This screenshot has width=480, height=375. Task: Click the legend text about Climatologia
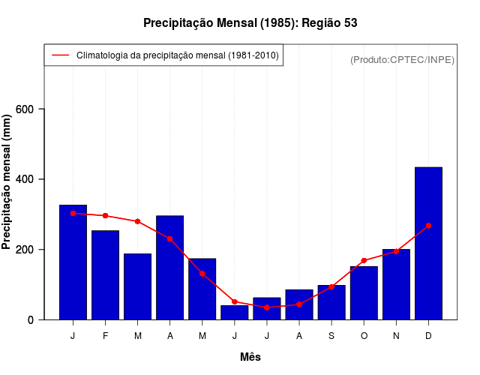coord(178,55)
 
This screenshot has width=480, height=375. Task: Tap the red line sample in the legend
coord(60,55)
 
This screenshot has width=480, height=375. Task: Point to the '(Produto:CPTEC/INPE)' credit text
coord(403,59)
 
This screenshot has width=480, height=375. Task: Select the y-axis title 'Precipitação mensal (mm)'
coord(8,181)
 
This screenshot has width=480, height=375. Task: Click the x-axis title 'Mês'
coord(250,357)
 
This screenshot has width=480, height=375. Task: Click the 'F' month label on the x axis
coord(106,336)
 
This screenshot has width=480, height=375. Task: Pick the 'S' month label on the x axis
coord(331,336)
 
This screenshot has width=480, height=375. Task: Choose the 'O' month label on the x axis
coord(364,336)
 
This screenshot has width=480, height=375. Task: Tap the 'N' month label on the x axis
coord(396,336)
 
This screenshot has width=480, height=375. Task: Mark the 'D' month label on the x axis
coord(428,336)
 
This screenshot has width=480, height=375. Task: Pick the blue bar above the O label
coord(364,293)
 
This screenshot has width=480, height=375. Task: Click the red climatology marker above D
coord(428,226)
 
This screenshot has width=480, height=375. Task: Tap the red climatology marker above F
coord(106,216)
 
